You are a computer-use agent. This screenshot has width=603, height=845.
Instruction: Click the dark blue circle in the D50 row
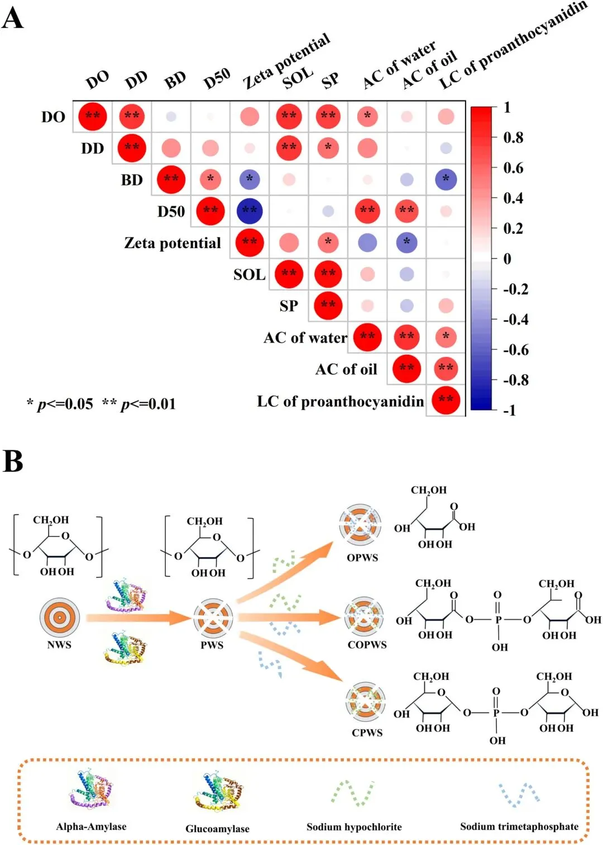click(x=250, y=211)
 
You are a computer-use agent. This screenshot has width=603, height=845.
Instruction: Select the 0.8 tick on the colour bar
click(x=513, y=137)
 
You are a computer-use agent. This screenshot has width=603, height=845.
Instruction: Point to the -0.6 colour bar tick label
click(x=516, y=350)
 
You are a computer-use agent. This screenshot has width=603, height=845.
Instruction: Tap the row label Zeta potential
click(x=173, y=243)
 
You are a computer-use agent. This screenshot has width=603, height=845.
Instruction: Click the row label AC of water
click(x=305, y=337)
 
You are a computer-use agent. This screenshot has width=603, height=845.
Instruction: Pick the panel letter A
click(x=13, y=18)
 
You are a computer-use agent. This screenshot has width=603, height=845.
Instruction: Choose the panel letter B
click(x=13, y=461)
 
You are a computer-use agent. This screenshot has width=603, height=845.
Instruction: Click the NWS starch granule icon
click(x=59, y=617)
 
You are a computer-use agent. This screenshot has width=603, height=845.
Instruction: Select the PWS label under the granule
click(x=212, y=645)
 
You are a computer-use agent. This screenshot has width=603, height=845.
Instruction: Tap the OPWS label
click(x=362, y=558)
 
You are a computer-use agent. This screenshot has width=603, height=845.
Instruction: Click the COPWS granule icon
click(x=363, y=616)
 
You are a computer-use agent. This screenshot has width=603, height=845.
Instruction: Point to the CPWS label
click(x=367, y=733)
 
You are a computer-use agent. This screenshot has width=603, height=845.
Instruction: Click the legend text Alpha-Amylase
click(x=91, y=827)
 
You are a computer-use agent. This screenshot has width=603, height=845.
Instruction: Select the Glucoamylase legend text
click(x=217, y=829)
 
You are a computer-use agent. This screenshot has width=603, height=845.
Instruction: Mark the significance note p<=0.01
click(x=139, y=404)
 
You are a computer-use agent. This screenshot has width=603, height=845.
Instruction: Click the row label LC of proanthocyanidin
click(x=340, y=402)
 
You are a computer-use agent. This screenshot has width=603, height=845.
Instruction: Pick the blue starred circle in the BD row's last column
click(x=446, y=180)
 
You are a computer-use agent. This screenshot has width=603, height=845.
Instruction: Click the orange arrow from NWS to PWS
click(x=140, y=617)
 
